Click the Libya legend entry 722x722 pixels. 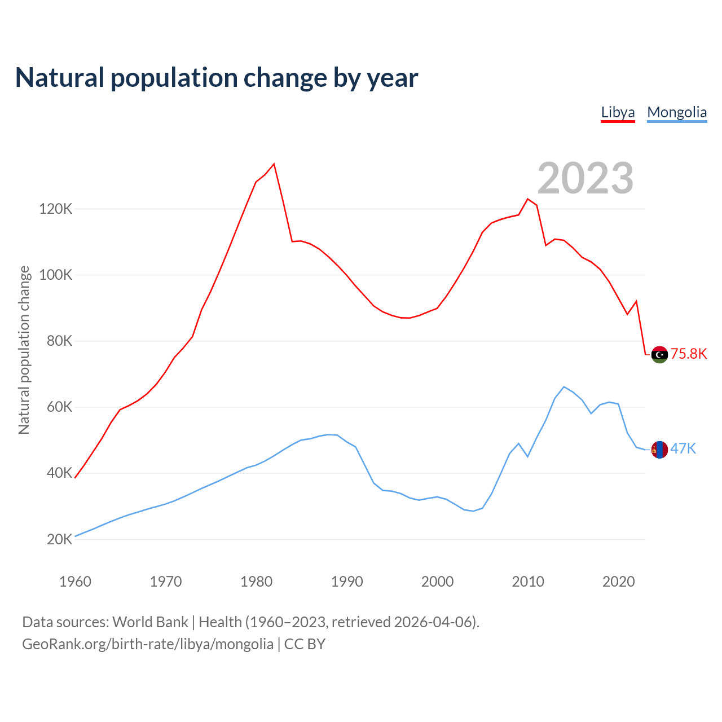tap(618, 112)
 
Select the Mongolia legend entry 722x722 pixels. tap(676, 112)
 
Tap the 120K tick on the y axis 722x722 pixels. tap(56, 209)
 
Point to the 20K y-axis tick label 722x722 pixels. tap(59, 539)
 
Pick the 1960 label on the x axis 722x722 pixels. tap(75, 582)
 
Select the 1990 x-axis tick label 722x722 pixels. tap(347, 582)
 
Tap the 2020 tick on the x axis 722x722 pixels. tap(619, 582)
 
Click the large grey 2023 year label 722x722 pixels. tap(585, 178)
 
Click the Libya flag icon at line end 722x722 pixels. tap(659, 355)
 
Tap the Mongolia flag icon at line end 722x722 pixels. tap(659, 450)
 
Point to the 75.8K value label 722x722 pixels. tap(689, 354)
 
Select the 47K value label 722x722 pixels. tap(683, 449)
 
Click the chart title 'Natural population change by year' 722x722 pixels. tap(217, 78)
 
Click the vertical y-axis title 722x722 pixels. tap(24, 350)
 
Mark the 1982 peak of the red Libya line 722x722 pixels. tap(274, 164)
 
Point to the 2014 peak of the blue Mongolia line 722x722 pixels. tap(564, 387)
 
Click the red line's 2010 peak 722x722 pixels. tap(528, 199)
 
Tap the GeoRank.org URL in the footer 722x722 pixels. tap(148, 644)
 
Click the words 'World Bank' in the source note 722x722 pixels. tap(150, 622)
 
